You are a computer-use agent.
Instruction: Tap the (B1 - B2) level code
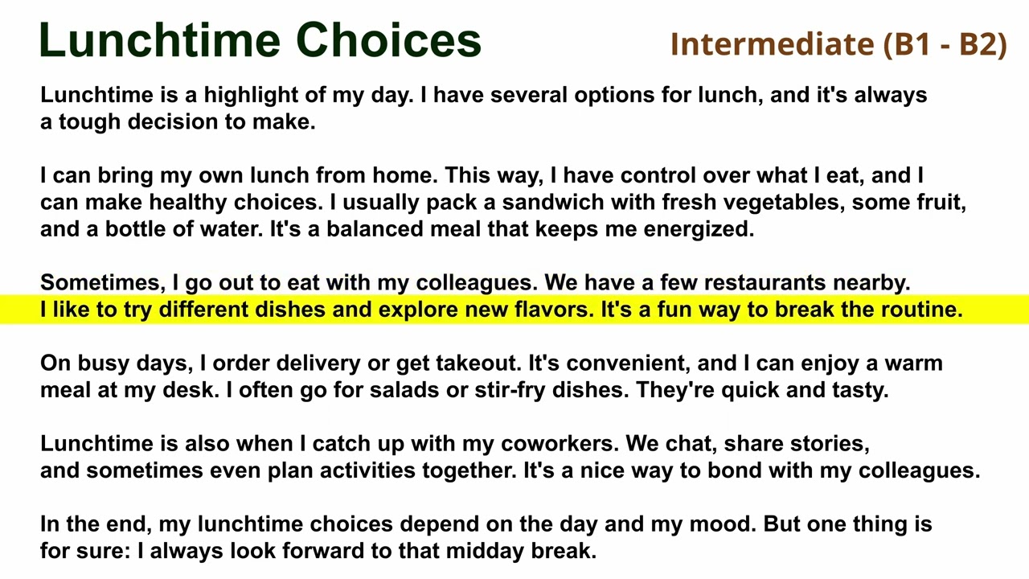click(945, 43)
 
